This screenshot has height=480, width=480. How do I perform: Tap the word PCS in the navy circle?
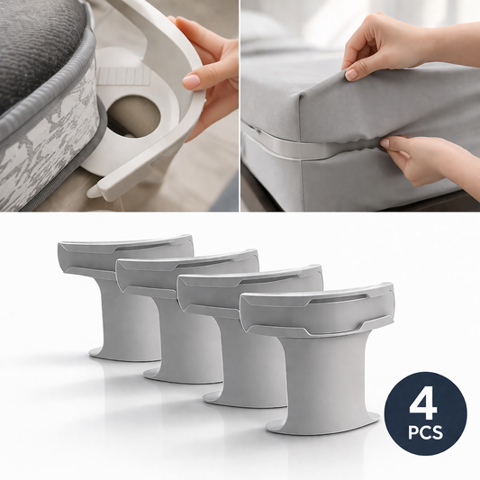click(425, 432)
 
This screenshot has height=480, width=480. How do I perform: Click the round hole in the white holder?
click(134, 116)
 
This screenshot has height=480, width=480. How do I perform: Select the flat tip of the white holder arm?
click(98, 190)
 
